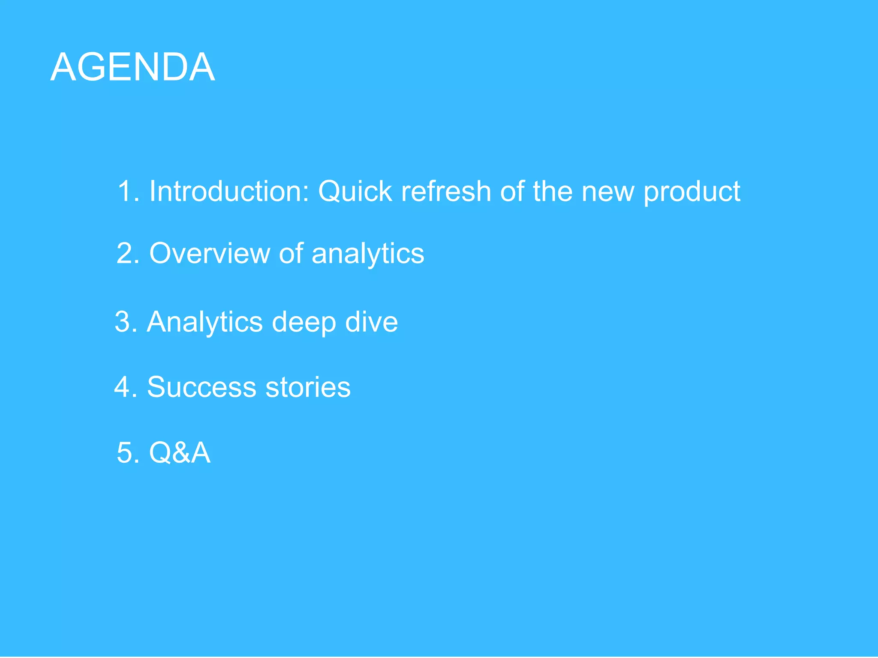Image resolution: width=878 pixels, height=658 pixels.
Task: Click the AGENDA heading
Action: tap(132, 67)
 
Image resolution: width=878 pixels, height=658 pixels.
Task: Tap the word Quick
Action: tap(355, 191)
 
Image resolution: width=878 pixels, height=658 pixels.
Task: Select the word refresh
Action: tap(446, 191)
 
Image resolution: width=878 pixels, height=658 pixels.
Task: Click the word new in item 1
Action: tap(607, 192)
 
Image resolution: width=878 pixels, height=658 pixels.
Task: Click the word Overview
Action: tap(209, 253)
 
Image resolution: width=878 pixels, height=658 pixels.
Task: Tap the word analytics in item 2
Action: tap(368, 254)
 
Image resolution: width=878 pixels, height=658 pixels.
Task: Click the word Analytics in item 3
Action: tap(204, 322)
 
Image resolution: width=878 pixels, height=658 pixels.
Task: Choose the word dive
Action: tap(371, 322)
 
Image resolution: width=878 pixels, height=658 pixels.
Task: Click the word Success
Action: tap(201, 387)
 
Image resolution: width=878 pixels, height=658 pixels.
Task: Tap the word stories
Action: tap(308, 387)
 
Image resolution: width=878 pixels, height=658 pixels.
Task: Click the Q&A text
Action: tap(180, 452)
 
